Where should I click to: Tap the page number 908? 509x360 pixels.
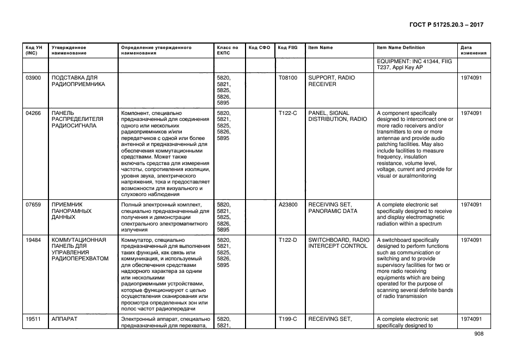click(x=479, y=335)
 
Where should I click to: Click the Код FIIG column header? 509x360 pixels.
click(x=287, y=48)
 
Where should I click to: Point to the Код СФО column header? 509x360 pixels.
click(x=259, y=48)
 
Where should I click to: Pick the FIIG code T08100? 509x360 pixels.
click(x=288, y=78)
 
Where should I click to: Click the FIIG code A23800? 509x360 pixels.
click(x=288, y=204)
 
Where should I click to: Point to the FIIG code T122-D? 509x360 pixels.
click(x=287, y=240)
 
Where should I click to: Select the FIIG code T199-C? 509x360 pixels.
click(x=287, y=319)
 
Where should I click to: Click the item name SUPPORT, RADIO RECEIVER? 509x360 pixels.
click(x=331, y=81)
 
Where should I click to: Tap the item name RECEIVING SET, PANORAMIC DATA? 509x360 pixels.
click(x=333, y=208)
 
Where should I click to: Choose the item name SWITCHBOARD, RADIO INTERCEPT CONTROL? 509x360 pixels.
click(x=338, y=243)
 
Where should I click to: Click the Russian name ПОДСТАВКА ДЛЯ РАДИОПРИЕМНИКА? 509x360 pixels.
click(x=78, y=81)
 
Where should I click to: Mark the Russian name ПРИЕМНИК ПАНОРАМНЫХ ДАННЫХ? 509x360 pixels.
click(x=71, y=211)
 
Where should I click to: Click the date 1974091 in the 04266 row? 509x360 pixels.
click(x=471, y=113)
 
